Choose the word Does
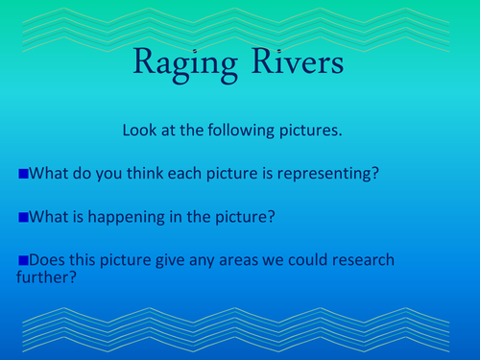pos(48,260)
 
